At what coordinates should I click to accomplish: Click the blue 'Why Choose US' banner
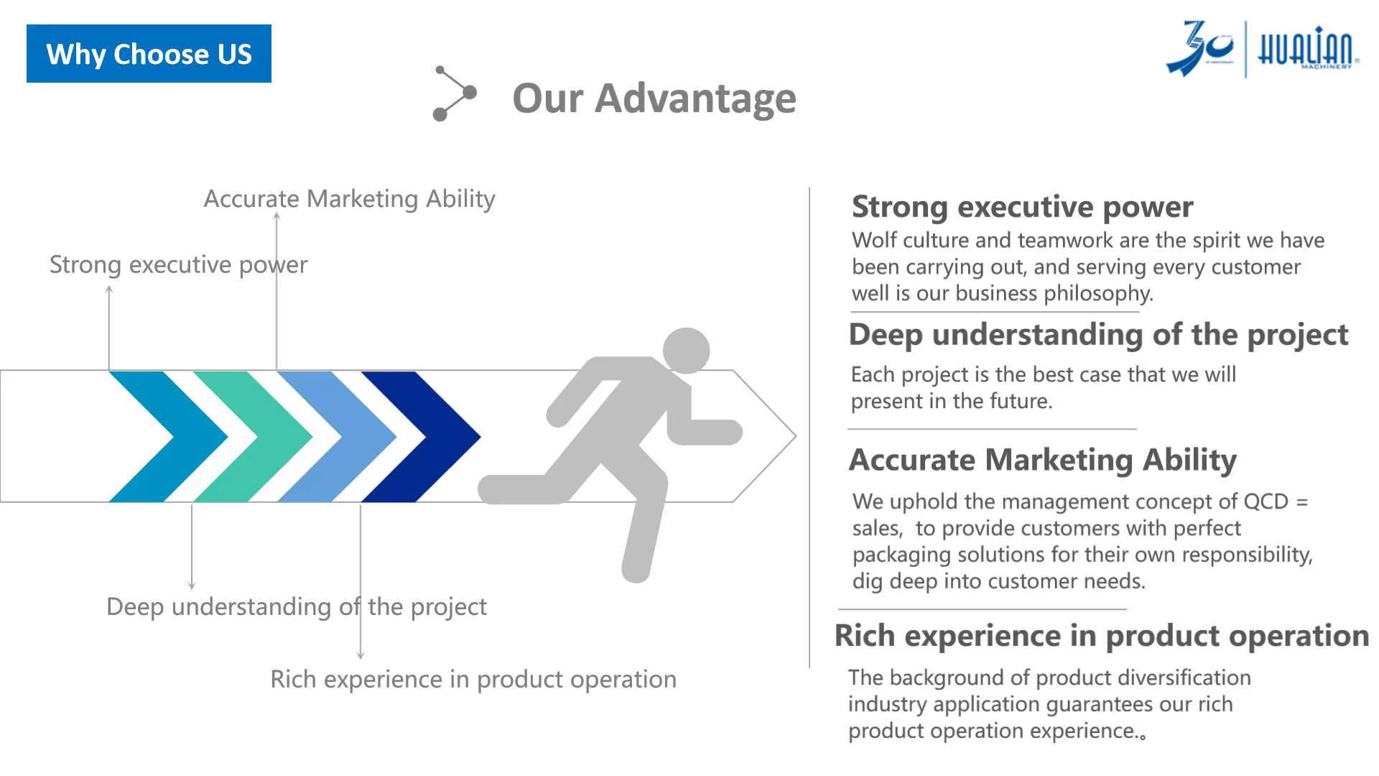pos(149,54)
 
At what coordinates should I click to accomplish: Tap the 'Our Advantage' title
pos(654,98)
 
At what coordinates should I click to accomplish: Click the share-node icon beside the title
pos(455,93)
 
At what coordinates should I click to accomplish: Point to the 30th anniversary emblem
pos(1199,47)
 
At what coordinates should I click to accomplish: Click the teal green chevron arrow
pos(253,436)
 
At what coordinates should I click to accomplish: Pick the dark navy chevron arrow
pos(421,436)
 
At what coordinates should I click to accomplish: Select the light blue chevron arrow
pos(337,436)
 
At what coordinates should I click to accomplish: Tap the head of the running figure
pos(686,351)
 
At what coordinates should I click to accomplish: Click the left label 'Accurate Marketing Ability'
pos(350,199)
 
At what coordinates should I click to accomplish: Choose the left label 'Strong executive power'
pos(178,265)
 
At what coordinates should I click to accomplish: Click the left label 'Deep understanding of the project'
pos(297,607)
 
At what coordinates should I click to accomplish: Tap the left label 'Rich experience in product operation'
pos(473,679)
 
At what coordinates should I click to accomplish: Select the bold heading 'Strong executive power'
pos(1023,207)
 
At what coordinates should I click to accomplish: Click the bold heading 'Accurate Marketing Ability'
pos(1043,460)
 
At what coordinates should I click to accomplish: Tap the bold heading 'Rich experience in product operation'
pos(1102,636)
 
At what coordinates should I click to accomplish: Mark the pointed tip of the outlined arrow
pos(796,436)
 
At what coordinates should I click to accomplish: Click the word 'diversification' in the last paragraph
pos(1184,678)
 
